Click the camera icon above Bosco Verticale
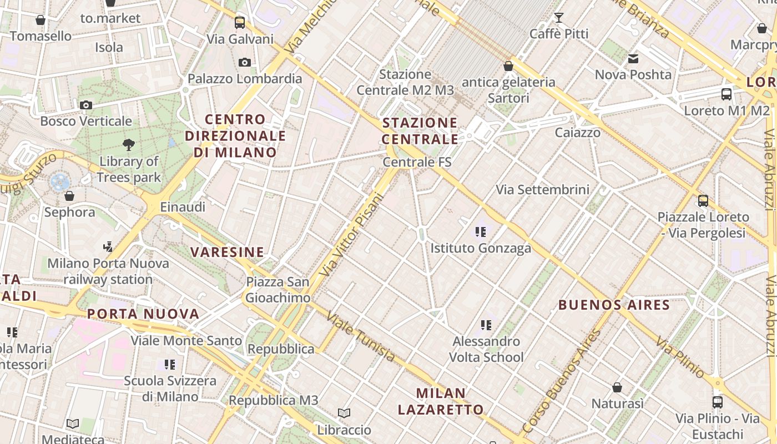86,105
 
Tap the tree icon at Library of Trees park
129,145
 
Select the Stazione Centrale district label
420,131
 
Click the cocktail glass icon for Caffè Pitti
559,18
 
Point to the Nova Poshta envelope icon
633,59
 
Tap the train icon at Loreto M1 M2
726,94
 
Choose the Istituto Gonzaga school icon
481,232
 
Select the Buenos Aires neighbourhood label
614,305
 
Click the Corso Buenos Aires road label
562,382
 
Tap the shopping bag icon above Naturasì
617,387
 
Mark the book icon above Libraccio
344,413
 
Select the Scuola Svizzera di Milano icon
170,365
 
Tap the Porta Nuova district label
143,314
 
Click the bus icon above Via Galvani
240,23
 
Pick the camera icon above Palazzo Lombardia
245,62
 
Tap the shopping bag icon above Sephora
69,196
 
